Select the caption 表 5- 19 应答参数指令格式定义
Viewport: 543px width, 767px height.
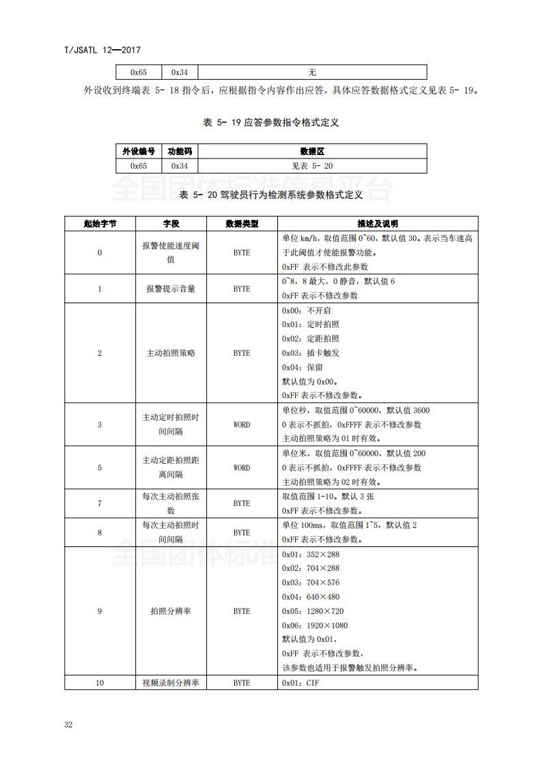pyautogui.click(x=271, y=123)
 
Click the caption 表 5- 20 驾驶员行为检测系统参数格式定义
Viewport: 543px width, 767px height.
pyautogui.click(x=270, y=195)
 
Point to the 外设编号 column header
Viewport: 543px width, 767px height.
pyautogui.click(x=139, y=151)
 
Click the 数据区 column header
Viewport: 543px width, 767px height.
pyautogui.click(x=312, y=151)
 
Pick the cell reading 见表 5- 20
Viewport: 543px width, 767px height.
pyautogui.click(x=312, y=166)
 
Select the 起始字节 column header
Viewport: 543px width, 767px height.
pyautogui.click(x=100, y=224)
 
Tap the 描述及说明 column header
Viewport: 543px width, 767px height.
pyautogui.click(x=377, y=224)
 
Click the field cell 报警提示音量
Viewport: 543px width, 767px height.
pyautogui.click(x=170, y=289)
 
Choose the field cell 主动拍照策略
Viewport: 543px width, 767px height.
pyautogui.click(x=170, y=353)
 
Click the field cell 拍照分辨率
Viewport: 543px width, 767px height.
pyautogui.click(x=170, y=611)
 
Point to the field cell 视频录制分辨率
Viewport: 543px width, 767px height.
pyautogui.click(x=170, y=683)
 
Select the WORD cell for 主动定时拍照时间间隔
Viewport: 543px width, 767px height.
pyautogui.click(x=242, y=425)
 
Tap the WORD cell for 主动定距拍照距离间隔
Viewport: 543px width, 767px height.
pyautogui.click(x=242, y=468)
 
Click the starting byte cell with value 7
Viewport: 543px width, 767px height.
pyautogui.click(x=100, y=503)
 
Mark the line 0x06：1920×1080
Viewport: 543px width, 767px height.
pyautogui.click(x=315, y=626)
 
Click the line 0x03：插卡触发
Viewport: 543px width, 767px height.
pyautogui.click(x=311, y=353)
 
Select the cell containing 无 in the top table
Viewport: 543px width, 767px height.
pyautogui.click(x=312, y=72)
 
